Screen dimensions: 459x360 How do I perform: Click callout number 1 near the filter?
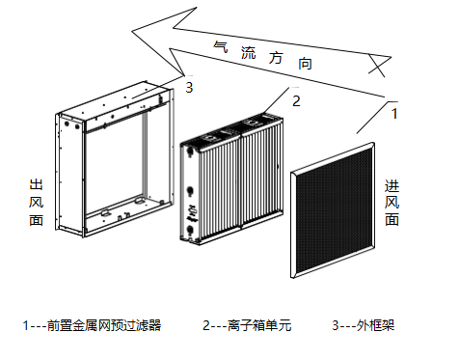point(394,114)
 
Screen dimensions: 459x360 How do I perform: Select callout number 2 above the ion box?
point(296,101)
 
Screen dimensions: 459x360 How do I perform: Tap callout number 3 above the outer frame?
point(189,87)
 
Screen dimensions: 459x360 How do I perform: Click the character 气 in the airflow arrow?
point(221,47)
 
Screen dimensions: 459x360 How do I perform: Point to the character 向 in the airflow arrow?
point(305,63)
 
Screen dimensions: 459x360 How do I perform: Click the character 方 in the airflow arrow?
point(276,58)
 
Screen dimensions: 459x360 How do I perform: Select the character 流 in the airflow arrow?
point(249,52)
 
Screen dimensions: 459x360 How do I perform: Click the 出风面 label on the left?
point(36,203)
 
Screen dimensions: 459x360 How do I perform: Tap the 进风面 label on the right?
point(392,203)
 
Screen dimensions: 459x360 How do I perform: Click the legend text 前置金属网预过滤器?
point(104,325)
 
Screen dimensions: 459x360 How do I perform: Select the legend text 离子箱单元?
point(259,325)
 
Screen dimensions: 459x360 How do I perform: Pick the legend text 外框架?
point(375,325)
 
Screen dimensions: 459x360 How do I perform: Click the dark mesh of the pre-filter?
point(334,210)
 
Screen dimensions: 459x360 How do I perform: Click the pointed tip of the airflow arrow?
point(132,31)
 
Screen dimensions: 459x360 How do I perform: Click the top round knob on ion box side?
point(190,150)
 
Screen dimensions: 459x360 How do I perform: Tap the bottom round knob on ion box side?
point(190,230)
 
